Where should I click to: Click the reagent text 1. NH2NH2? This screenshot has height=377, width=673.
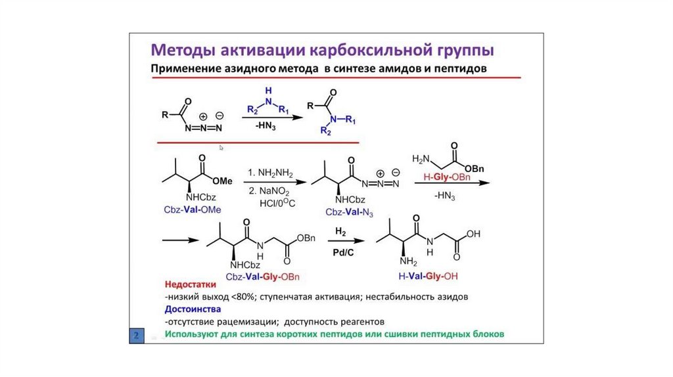pos(269,173)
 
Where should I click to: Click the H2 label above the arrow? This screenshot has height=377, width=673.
pos(340,232)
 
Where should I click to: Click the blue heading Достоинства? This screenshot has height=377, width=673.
pos(193,309)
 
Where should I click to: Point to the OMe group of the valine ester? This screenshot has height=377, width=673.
pos(223,181)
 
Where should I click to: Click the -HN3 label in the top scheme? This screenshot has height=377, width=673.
pos(267,125)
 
